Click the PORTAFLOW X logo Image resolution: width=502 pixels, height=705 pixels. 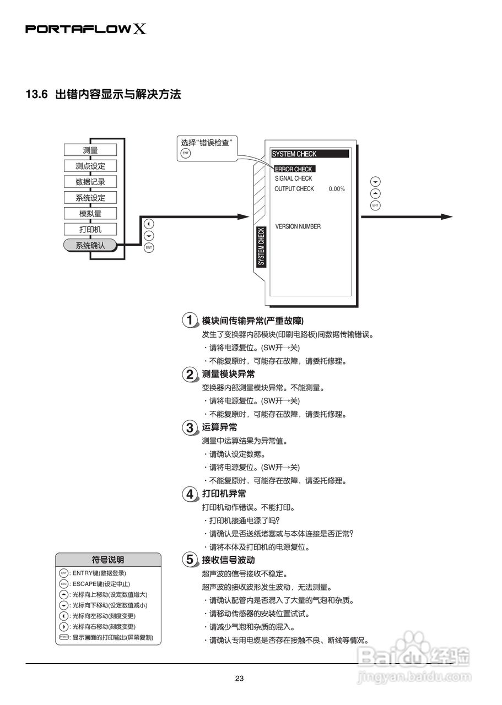coord(86,29)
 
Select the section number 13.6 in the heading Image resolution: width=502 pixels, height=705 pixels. coord(37,94)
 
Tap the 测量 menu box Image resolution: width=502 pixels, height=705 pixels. coord(90,150)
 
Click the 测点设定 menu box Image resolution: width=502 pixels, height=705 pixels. coord(90,166)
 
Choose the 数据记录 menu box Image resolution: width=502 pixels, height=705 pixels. coord(90,182)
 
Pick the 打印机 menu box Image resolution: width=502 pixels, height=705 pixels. coord(90,229)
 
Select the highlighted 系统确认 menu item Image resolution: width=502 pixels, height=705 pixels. coord(90,246)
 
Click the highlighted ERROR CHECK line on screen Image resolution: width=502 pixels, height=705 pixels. coord(294,169)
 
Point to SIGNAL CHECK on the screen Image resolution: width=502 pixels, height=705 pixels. coord(293,178)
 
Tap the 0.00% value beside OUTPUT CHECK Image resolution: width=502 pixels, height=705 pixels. coord(337,189)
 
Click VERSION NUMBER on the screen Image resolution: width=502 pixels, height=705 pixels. coord(298,226)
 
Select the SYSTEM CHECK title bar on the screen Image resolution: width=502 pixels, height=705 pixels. coord(310,154)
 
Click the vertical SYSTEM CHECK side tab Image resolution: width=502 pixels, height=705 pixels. coord(261,246)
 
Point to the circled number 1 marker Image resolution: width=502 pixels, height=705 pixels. coord(190,320)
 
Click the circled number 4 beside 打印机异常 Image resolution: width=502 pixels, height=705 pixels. coord(190,494)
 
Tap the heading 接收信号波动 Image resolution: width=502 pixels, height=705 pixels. coord(228,560)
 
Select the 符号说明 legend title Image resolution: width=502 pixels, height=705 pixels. coord(108,560)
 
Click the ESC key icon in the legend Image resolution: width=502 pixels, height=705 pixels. coord(63,584)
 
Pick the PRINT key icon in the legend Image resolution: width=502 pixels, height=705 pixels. coord(63,637)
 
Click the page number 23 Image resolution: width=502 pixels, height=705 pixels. coord(239,679)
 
